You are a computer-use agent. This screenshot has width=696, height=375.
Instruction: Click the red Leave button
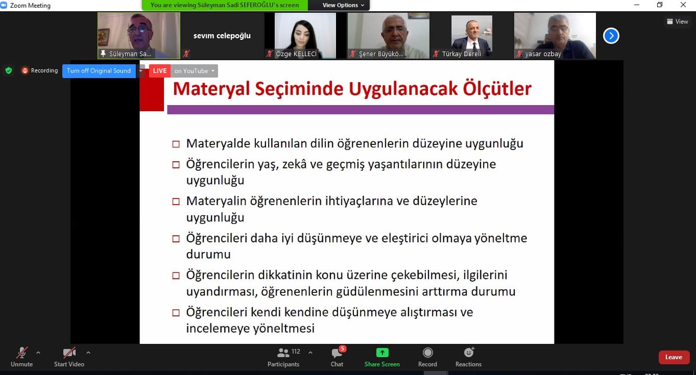click(x=674, y=357)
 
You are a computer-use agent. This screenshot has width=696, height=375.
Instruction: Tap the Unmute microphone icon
click(x=21, y=353)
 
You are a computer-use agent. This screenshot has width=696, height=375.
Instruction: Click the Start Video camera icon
click(x=69, y=353)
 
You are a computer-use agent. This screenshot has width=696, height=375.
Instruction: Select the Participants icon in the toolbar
click(x=283, y=353)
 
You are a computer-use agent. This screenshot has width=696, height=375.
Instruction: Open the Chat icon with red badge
click(x=337, y=353)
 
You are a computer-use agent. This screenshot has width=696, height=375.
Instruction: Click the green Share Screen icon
click(x=382, y=353)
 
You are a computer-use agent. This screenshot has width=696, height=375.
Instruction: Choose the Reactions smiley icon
click(x=468, y=353)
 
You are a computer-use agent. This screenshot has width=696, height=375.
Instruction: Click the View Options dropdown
click(x=343, y=5)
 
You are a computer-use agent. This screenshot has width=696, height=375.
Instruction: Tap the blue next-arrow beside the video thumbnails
click(x=611, y=36)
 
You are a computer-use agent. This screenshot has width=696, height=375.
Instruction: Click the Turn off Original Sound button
click(x=99, y=71)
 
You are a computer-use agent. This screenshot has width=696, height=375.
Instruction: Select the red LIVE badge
click(x=160, y=71)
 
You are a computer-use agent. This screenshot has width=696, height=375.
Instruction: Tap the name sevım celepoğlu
click(x=222, y=36)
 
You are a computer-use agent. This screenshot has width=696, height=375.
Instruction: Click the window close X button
click(x=683, y=5)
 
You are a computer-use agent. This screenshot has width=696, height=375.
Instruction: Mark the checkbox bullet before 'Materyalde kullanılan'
click(x=176, y=144)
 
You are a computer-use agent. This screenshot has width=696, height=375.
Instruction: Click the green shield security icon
click(x=9, y=70)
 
